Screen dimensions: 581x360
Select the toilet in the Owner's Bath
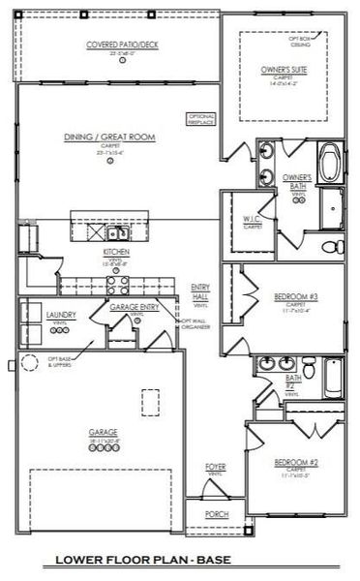click(x=329, y=244)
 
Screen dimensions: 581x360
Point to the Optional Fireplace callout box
click(x=200, y=118)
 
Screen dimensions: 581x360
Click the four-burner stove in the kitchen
click(x=118, y=285)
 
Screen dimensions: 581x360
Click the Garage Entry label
click(x=128, y=307)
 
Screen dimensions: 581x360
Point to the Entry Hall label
click(x=201, y=290)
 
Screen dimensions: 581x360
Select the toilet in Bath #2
click(x=310, y=369)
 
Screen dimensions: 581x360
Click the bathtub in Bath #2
click(x=333, y=379)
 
